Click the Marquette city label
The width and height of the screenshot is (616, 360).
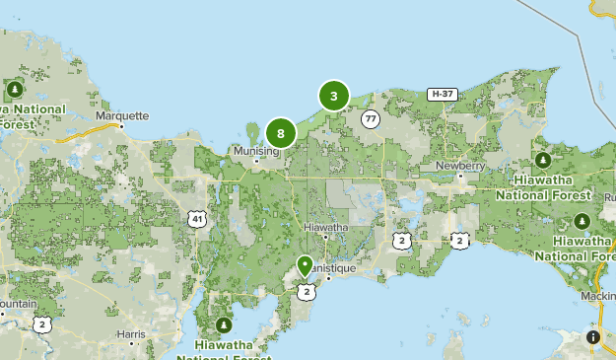coord(122,115)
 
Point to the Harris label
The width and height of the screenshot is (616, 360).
coord(130,334)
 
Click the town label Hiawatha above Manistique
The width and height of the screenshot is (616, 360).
coord(326,227)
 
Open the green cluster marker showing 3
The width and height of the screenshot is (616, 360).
coord(334,96)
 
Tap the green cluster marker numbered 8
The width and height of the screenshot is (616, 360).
coord(281,132)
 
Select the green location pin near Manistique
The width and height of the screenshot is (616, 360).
coord(306,265)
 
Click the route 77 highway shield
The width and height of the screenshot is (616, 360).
coord(370,118)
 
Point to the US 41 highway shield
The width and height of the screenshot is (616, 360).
coord(198,219)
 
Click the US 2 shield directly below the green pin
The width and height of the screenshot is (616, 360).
coord(307,291)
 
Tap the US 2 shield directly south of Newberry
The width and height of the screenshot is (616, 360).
coord(460,239)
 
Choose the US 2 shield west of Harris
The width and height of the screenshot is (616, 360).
coord(40,324)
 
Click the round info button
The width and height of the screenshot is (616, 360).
coord(593,337)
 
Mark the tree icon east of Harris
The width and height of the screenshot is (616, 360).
coord(224,324)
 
